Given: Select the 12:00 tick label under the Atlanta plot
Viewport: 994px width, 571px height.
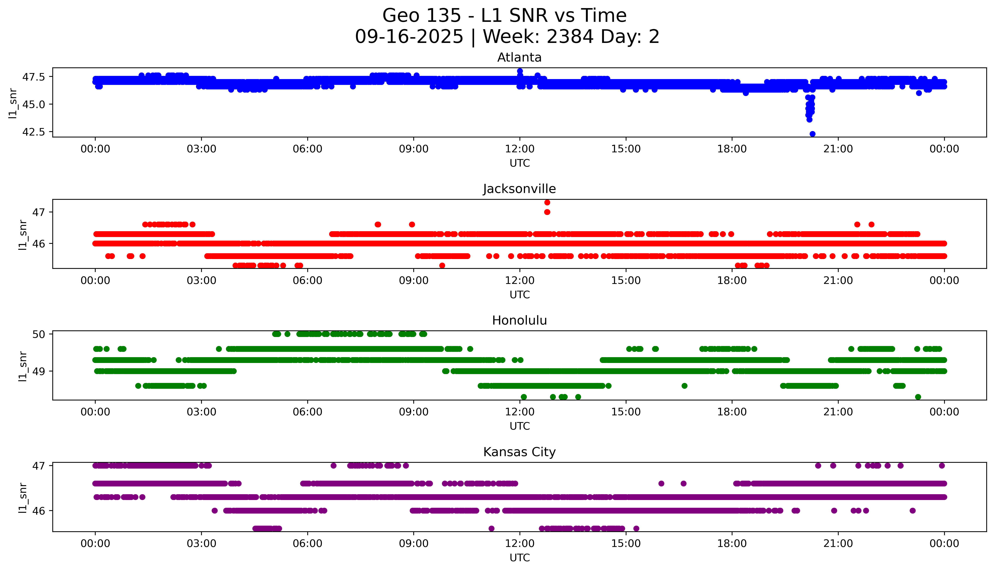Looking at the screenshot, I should pos(520,149).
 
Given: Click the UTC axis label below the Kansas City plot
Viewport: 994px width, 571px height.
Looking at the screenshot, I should pos(520,558).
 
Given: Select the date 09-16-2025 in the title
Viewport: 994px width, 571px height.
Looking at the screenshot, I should pos(409,37).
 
